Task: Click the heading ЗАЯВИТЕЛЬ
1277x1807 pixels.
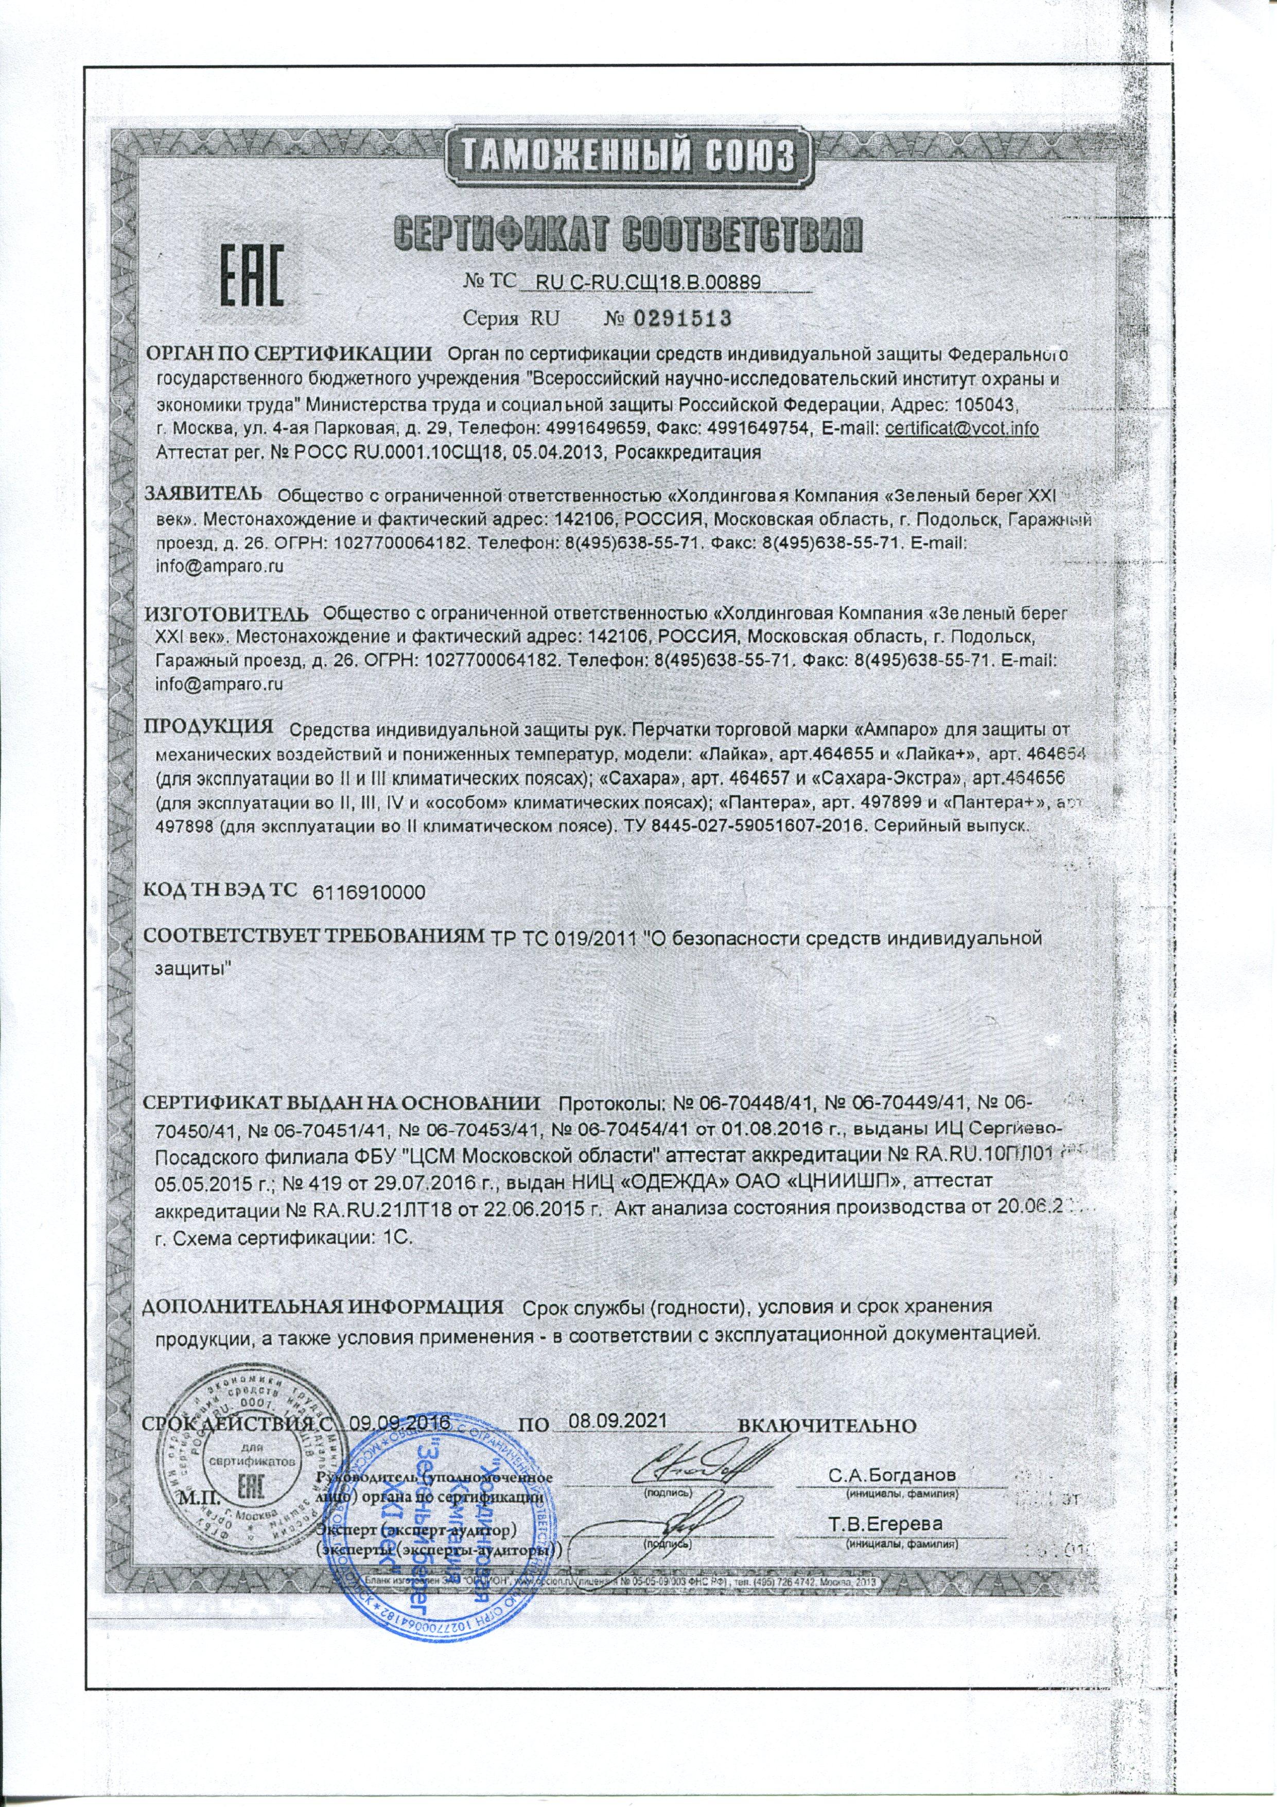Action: point(202,493)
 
